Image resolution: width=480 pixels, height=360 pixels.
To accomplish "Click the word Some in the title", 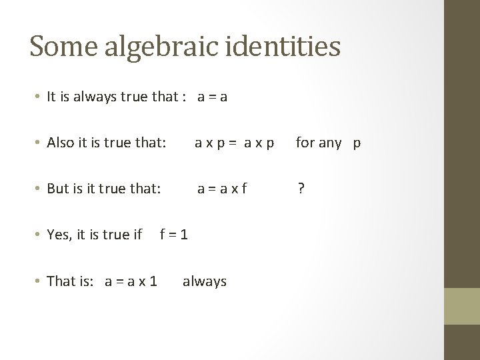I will (62, 46).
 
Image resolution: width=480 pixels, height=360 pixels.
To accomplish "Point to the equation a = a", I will (212, 97).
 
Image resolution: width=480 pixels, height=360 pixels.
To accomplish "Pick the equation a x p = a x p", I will (234, 143).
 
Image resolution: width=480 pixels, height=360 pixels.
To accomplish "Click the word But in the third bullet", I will (59, 189).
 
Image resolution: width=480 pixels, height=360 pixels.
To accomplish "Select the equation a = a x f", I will (221, 189).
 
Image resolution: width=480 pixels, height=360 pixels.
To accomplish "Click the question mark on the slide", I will (301, 189).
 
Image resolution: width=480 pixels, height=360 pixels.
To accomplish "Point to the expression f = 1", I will (173, 235).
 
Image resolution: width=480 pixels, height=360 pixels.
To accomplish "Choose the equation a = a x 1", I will (131, 281).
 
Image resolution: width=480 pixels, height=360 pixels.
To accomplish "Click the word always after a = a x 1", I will (204, 281).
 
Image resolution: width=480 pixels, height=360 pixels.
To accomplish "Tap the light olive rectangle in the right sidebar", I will (462, 306).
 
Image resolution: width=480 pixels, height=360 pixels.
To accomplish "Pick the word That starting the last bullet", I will (61, 281).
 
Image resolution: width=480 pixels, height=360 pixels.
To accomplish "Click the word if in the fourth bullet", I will (137, 235).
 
